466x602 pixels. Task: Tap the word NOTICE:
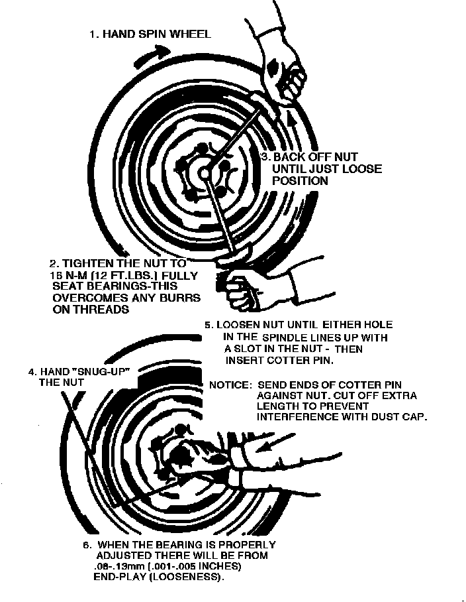tap(230, 385)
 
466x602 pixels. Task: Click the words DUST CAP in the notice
tap(404, 417)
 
